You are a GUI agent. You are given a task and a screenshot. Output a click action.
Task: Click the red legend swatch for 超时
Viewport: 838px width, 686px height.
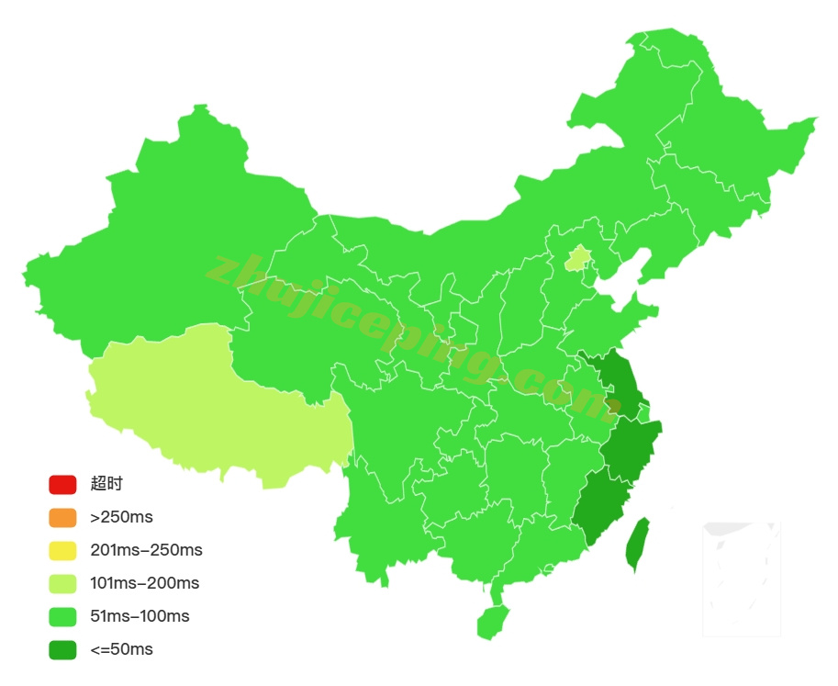(x=62, y=484)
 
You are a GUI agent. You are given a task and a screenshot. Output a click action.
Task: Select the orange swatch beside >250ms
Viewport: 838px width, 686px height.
(x=62, y=517)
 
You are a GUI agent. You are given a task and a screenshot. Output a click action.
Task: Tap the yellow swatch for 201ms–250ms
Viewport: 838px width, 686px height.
(x=62, y=550)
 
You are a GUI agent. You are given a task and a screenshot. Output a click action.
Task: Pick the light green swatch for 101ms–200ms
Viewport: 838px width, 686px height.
(x=62, y=583)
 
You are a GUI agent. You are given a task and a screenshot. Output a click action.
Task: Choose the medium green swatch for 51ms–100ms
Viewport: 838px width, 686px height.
(x=62, y=616)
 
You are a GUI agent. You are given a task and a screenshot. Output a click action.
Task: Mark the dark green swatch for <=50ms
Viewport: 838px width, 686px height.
(x=62, y=649)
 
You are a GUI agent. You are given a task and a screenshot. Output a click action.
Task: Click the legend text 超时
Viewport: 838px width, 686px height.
(x=106, y=484)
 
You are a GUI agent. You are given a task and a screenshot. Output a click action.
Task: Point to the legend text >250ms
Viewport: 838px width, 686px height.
(x=121, y=517)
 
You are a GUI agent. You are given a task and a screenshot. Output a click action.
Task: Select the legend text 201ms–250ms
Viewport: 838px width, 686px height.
(x=146, y=550)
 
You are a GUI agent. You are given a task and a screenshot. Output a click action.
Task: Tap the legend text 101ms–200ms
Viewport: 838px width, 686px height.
(x=144, y=583)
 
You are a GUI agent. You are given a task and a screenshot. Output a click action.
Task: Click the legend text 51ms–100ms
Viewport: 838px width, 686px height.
(x=140, y=616)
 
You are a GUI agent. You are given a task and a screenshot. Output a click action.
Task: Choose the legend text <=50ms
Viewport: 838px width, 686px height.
(x=121, y=649)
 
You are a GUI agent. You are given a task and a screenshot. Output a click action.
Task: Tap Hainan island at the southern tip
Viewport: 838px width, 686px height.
(x=492, y=622)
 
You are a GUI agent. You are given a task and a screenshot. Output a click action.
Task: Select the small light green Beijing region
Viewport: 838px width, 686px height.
(x=576, y=258)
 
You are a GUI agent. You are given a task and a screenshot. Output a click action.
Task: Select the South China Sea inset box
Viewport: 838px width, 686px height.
(x=741, y=579)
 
